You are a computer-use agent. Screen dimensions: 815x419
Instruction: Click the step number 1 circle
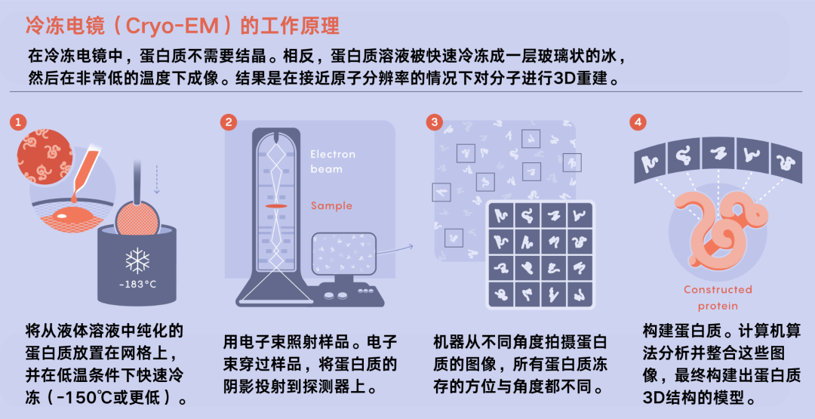coord(18,123)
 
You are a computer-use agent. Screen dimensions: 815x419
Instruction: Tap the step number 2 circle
coord(228,123)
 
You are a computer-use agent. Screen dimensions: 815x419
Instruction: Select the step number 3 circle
coord(434,123)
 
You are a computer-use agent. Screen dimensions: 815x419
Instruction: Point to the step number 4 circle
coord(638,123)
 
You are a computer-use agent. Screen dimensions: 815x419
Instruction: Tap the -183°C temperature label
coord(137,285)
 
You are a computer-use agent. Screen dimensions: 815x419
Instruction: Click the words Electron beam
coord(333,161)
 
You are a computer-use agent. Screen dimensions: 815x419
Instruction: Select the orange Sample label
coord(331,205)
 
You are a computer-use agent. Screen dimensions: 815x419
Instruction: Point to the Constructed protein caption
coord(718,297)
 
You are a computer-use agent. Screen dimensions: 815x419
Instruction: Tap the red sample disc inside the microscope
coord(276,207)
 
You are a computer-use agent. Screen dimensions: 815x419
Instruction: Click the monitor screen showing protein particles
coord(343,253)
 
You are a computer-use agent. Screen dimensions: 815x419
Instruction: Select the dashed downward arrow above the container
coord(157,177)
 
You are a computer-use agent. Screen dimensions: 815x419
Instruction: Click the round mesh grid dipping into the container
coord(138,218)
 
